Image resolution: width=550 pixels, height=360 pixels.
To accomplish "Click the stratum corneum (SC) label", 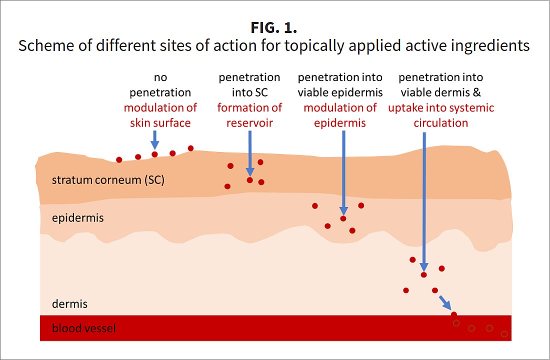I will [108, 180].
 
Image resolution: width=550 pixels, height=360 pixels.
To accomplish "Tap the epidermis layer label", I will [77, 218].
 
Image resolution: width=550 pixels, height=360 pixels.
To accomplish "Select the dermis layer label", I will [69, 303].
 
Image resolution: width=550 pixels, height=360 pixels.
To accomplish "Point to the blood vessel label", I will [84, 328].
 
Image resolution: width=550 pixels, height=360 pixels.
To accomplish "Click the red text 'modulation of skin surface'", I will [160, 115].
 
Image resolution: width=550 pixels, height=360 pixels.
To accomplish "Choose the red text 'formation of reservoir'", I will [249, 115].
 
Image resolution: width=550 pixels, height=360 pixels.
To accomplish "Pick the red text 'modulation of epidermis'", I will [340, 115].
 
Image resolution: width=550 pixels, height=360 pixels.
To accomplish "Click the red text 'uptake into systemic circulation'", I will [441, 115].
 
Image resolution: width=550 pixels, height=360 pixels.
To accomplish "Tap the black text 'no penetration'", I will [160, 85].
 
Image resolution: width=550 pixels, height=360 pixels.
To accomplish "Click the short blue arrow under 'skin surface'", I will [154, 139].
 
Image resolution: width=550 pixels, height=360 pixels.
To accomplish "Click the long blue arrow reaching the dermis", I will [424, 200].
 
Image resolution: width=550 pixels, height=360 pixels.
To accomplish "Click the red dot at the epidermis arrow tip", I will [343, 218].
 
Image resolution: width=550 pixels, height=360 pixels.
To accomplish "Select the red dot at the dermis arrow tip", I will [423, 274].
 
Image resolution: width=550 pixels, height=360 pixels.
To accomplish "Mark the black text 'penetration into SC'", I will [249, 85].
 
